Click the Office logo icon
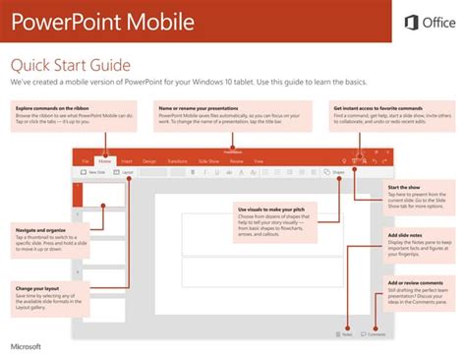coord(411,23)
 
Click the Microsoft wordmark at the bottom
coord(28,347)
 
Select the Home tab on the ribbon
coord(105,159)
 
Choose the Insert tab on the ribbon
coord(128,159)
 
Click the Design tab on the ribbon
coord(149,159)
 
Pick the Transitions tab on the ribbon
coord(177,159)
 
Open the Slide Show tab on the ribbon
coord(208,159)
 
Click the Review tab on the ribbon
coord(236,159)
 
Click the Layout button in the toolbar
coord(126,172)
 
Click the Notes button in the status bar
coord(345,334)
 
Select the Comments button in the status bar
coord(373,334)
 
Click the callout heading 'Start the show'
coord(405,187)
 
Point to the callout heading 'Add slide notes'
coord(407,235)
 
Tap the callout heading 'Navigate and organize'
coord(41,230)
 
